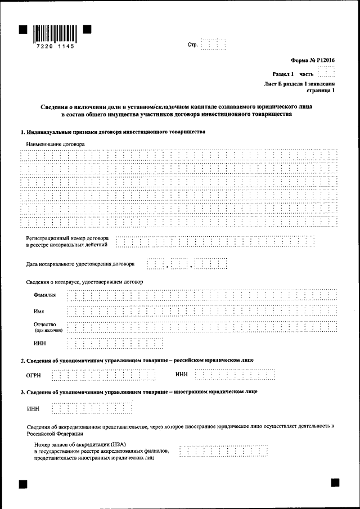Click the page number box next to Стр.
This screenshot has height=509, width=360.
click(213, 44)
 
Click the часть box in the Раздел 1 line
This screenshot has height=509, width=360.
click(326, 73)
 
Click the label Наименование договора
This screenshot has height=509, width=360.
click(55, 144)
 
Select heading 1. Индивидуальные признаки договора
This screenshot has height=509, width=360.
click(112, 132)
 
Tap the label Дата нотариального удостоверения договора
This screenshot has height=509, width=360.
click(80, 263)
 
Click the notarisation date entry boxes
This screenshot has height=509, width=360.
click(186, 263)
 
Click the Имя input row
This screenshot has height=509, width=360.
click(202, 311)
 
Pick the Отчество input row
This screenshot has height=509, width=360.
click(202, 327)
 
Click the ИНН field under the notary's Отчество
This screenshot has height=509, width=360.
click(115, 343)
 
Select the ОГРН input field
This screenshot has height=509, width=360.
click(103, 375)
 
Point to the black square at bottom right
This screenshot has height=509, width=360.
click(335, 482)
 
